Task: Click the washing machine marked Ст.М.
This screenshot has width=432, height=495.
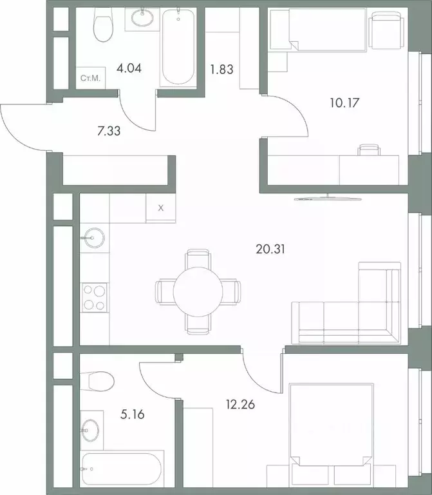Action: [89, 79]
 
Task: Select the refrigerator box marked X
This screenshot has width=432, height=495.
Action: [161, 208]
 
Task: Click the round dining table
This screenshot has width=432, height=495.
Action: [198, 292]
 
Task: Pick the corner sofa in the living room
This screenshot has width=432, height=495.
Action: [348, 309]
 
